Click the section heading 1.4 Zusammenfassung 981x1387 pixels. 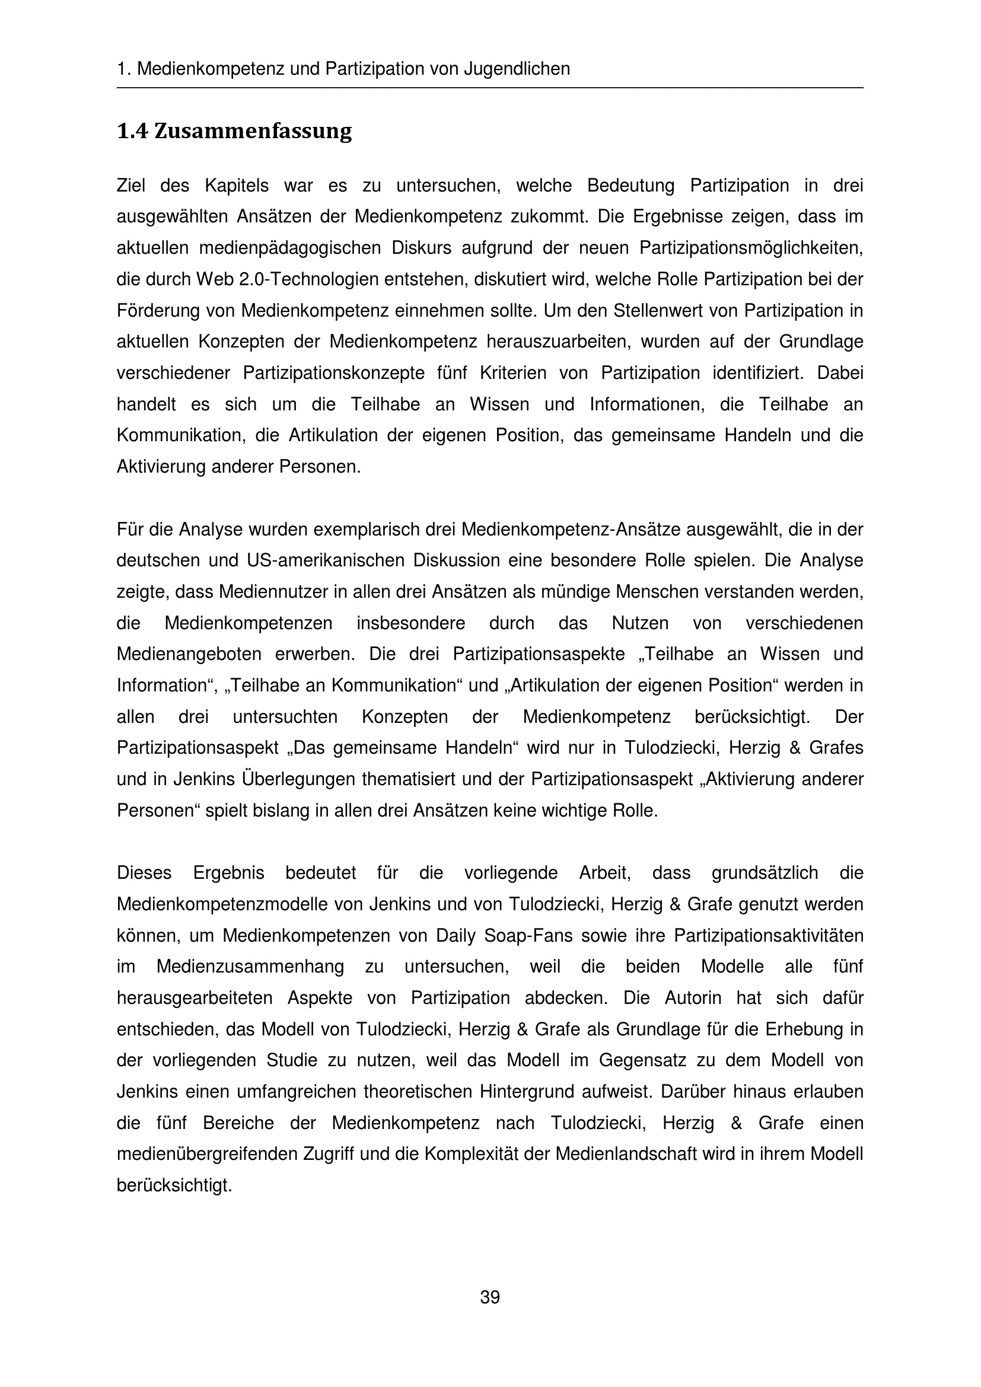pos(234,131)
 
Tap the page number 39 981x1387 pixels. pos(490,1296)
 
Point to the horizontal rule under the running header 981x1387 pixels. pos(490,89)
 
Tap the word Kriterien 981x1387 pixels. pos(513,373)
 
